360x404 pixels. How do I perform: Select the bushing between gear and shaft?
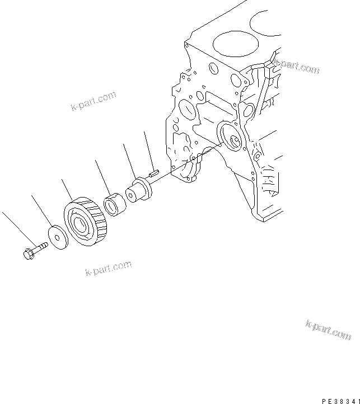coord(115,205)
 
